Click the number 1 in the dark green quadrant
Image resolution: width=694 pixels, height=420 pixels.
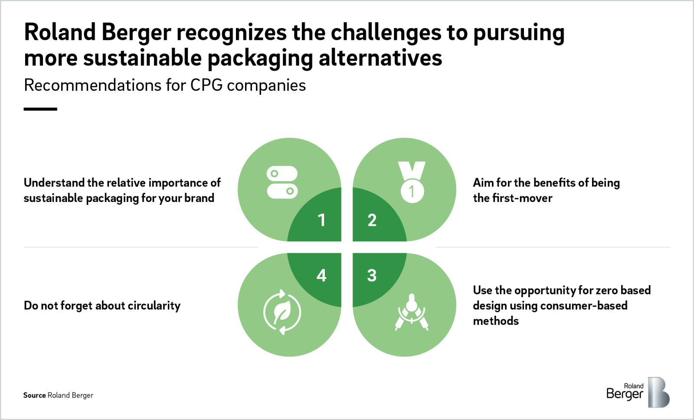(321, 220)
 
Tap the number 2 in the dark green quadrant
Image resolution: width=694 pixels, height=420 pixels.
(372, 220)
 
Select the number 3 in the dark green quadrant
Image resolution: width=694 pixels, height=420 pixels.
(372, 275)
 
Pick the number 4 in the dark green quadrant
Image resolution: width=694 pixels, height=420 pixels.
(321, 275)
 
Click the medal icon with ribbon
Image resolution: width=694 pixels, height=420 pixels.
(412, 182)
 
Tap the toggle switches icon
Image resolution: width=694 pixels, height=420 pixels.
(282, 182)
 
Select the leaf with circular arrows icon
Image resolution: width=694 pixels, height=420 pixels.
(282, 312)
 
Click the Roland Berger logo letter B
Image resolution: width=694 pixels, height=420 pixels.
(658, 392)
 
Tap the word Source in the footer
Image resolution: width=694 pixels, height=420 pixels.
(34, 395)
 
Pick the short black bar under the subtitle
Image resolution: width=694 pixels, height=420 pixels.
(40, 109)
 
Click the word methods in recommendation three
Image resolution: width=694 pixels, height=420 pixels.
(496, 321)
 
